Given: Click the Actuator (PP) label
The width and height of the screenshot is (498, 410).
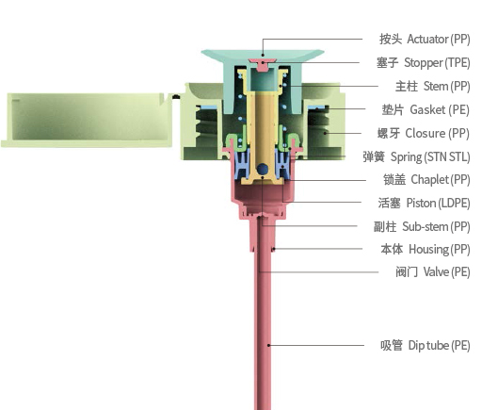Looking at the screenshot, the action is pyautogui.click(x=425, y=40).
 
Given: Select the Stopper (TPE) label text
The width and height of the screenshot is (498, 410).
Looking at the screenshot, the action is pyautogui.click(x=423, y=62).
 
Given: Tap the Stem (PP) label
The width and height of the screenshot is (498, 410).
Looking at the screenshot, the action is pyautogui.click(x=433, y=86).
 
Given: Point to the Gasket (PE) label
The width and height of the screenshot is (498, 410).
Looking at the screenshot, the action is pyautogui.click(x=426, y=109).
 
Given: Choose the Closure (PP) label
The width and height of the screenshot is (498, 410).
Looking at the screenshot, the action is pyautogui.click(x=424, y=133).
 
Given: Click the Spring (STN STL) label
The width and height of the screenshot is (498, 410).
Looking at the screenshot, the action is pyautogui.click(x=416, y=156).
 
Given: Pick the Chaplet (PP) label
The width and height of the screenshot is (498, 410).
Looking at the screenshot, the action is pyautogui.click(x=426, y=180).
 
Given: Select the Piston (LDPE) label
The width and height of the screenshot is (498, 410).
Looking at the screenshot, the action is pyautogui.click(x=424, y=203).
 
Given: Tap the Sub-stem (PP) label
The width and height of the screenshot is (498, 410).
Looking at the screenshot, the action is pyautogui.click(x=422, y=227).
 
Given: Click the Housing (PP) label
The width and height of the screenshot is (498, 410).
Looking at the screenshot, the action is pyautogui.click(x=426, y=249).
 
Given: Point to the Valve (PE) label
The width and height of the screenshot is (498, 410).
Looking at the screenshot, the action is pyautogui.click(x=433, y=272).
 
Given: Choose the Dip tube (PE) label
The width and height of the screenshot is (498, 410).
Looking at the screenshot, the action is pyautogui.click(x=426, y=345).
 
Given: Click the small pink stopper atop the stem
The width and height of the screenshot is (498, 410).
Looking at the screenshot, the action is pyautogui.click(x=262, y=65).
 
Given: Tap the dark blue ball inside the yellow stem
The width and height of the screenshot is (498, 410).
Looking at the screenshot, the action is pyautogui.click(x=262, y=169).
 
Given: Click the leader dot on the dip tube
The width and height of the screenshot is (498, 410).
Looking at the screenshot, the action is pyautogui.click(x=268, y=345).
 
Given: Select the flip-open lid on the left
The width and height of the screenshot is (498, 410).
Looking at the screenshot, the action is pyautogui.click(x=87, y=121).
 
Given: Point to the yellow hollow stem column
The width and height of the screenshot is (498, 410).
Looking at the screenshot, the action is pyautogui.click(x=263, y=127).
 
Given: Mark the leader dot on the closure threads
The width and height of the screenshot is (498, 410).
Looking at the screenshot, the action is pyautogui.click(x=325, y=133).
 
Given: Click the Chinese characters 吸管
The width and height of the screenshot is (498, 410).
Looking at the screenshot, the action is pyautogui.click(x=392, y=345).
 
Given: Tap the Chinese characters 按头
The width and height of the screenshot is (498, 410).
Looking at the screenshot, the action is pyautogui.click(x=391, y=40).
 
